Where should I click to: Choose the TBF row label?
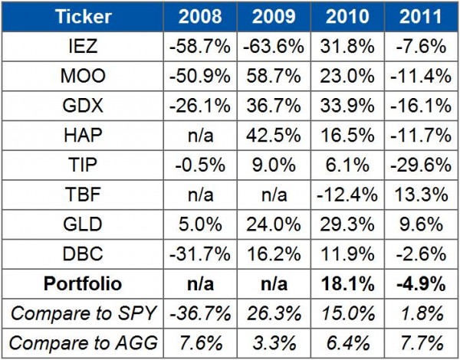tap(85, 195)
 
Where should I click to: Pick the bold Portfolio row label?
tap(85, 284)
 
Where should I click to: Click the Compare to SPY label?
tap(85, 313)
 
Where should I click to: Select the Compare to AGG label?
tap(85, 343)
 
